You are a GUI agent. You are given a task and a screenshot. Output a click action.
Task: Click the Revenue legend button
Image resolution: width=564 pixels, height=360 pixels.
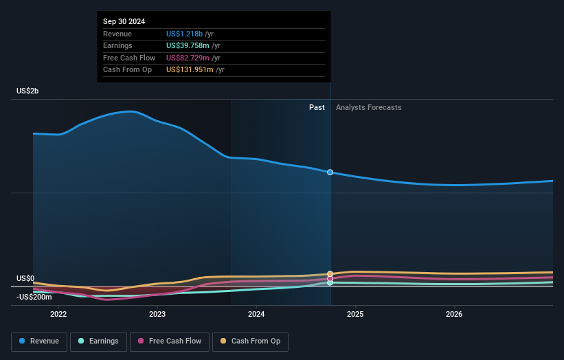[x=39, y=341]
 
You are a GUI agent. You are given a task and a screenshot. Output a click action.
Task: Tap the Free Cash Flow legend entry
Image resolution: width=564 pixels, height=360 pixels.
[x=169, y=341]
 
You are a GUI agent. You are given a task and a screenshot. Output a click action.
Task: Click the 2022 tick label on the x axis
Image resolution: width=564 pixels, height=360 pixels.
[x=58, y=315]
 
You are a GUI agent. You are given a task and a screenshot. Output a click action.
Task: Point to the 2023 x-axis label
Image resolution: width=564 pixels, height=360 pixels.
[x=157, y=315]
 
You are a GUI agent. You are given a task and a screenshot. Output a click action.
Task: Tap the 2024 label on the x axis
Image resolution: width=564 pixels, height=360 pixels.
[x=256, y=315]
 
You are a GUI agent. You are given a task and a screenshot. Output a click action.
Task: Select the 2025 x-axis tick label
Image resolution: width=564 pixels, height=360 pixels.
[x=355, y=315]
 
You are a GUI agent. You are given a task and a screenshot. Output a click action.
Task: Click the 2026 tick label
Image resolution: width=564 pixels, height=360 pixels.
[x=454, y=315]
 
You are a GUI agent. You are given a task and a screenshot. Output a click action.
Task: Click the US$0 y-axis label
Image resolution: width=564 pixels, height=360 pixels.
[x=25, y=278]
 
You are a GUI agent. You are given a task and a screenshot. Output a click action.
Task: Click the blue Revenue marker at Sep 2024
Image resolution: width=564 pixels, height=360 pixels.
[x=330, y=172]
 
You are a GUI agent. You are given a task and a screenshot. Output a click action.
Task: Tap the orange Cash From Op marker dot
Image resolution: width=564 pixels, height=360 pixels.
[x=330, y=274]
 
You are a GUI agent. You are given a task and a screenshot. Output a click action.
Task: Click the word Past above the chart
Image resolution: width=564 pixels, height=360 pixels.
[x=317, y=107]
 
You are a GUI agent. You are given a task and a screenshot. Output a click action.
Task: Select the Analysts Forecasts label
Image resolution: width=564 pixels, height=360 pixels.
[x=368, y=107]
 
